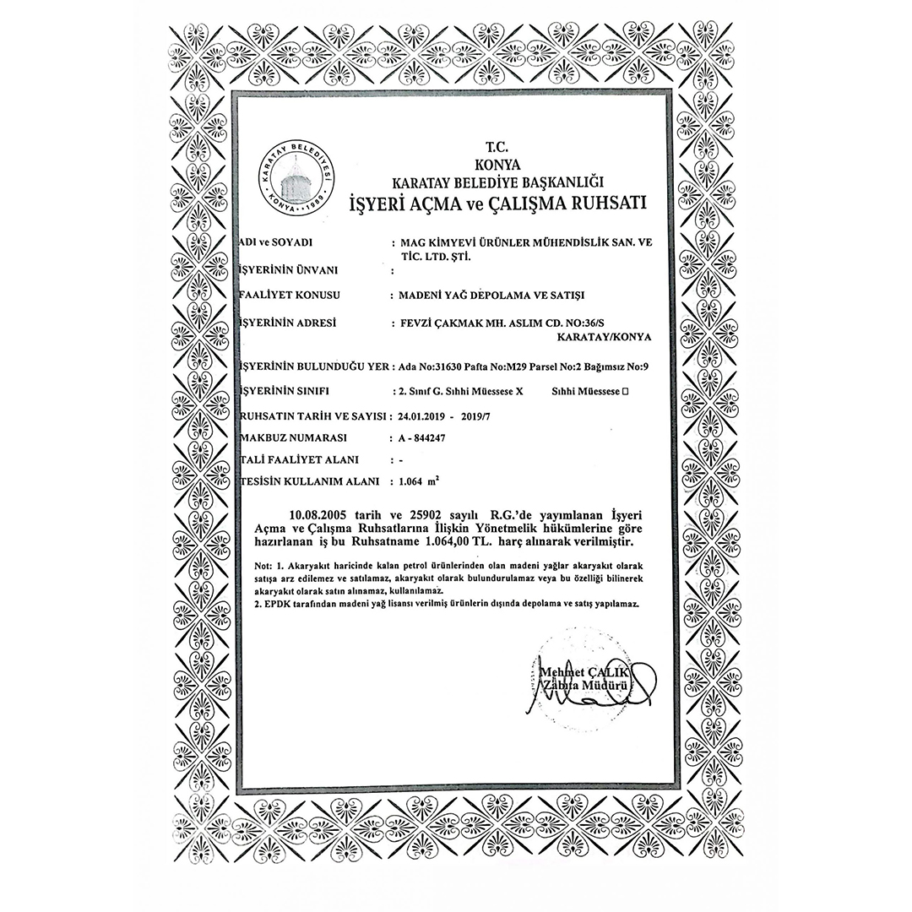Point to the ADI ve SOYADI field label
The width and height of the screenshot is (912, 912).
click(x=279, y=242)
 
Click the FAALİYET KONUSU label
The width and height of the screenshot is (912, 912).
click(x=286, y=296)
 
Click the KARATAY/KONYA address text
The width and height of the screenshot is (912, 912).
click(x=605, y=336)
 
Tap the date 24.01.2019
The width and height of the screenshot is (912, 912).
click(x=425, y=416)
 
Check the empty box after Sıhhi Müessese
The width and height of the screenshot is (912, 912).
click(x=626, y=392)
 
